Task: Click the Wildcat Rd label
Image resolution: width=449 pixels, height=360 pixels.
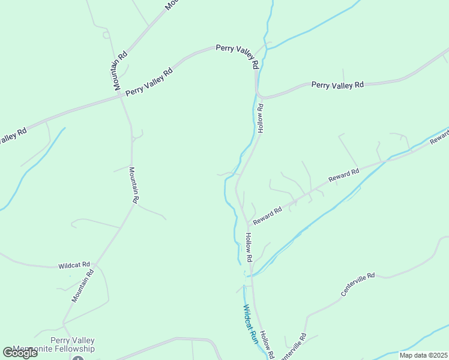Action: [x=74, y=265]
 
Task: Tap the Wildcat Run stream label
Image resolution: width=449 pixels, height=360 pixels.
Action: [x=250, y=324]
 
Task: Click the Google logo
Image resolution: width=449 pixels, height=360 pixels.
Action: [x=20, y=352]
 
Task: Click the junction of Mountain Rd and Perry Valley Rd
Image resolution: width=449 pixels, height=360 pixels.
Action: [x=121, y=95]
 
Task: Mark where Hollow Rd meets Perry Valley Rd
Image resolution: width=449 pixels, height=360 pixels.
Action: [x=258, y=94]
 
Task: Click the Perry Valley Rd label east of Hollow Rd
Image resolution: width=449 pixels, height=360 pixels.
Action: [x=337, y=85]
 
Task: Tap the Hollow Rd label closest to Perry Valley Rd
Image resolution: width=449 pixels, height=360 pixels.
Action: [x=261, y=118]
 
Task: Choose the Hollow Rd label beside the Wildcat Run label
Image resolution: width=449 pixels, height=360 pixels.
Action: [x=267, y=345]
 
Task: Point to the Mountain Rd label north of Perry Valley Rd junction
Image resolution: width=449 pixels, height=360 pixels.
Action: [x=119, y=70]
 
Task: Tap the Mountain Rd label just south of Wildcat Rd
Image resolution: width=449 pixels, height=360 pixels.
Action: [x=83, y=286]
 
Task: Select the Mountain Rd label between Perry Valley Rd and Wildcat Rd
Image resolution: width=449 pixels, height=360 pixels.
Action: [x=135, y=184]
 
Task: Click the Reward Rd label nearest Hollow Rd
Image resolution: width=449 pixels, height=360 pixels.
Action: [x=267, y=216]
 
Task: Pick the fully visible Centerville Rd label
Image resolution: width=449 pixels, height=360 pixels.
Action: [x=357, y=284]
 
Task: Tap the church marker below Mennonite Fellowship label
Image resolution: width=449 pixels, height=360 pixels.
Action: [x=77, y=358]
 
